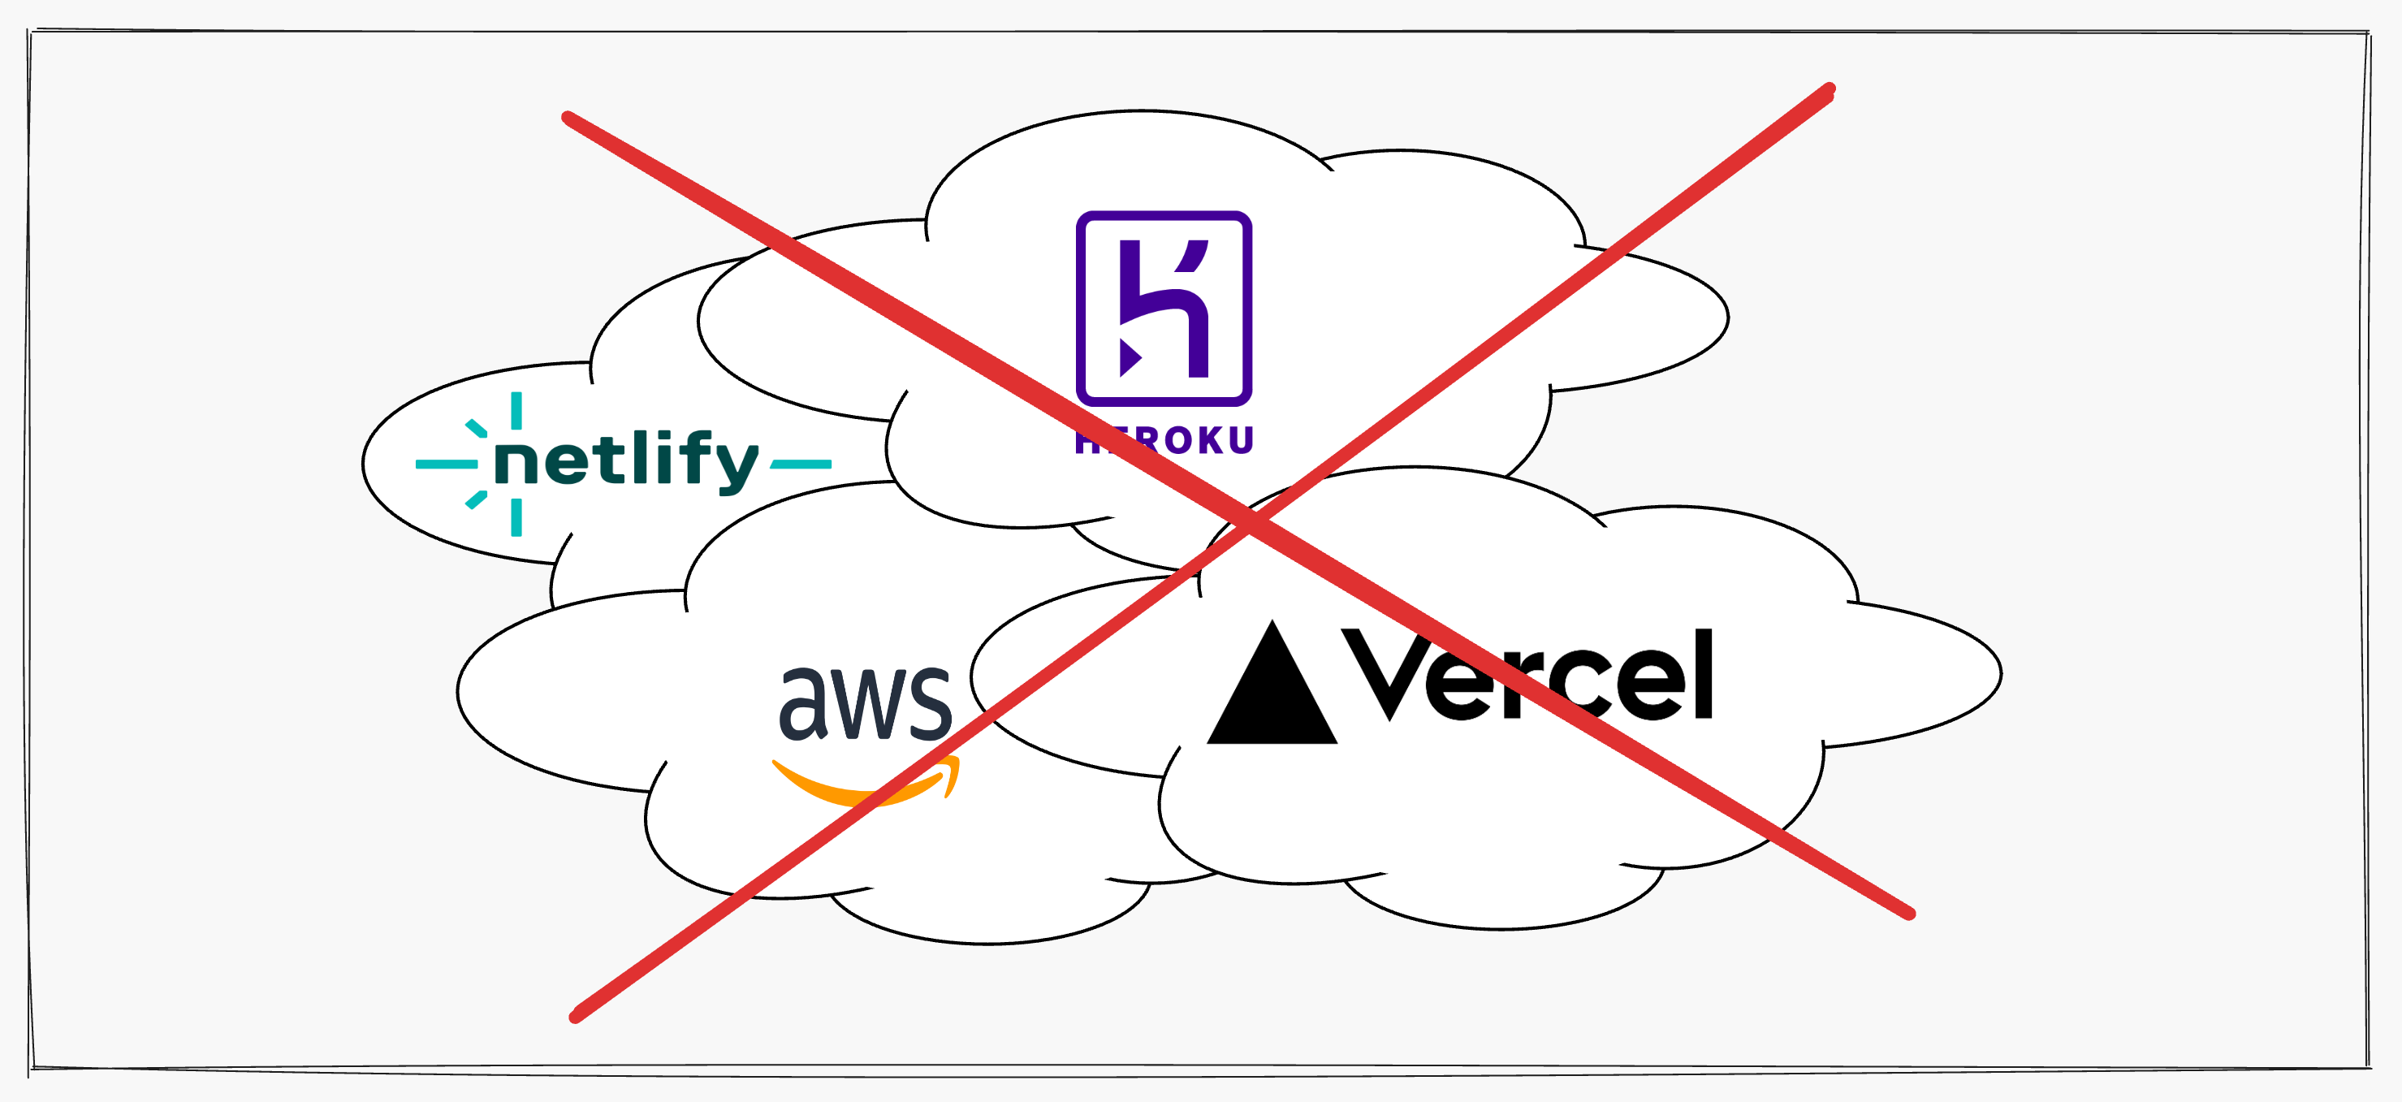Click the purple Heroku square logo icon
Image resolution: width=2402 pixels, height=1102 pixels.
click(x=1164, y=308)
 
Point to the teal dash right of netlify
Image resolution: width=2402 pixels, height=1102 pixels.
click(x=801, y=464)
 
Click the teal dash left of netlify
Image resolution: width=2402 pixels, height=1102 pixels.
click(x=446, y=464)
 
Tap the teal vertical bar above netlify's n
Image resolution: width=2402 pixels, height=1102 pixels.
click(x=516, y=410)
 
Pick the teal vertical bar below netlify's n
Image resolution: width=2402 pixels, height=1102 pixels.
click(x=516, y=517)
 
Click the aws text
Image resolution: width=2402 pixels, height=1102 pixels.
click(x=866, y=704)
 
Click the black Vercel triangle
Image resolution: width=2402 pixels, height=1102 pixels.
click(x=1272, y=690)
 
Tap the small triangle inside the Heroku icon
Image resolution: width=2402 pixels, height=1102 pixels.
click(x=1130, y=357)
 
